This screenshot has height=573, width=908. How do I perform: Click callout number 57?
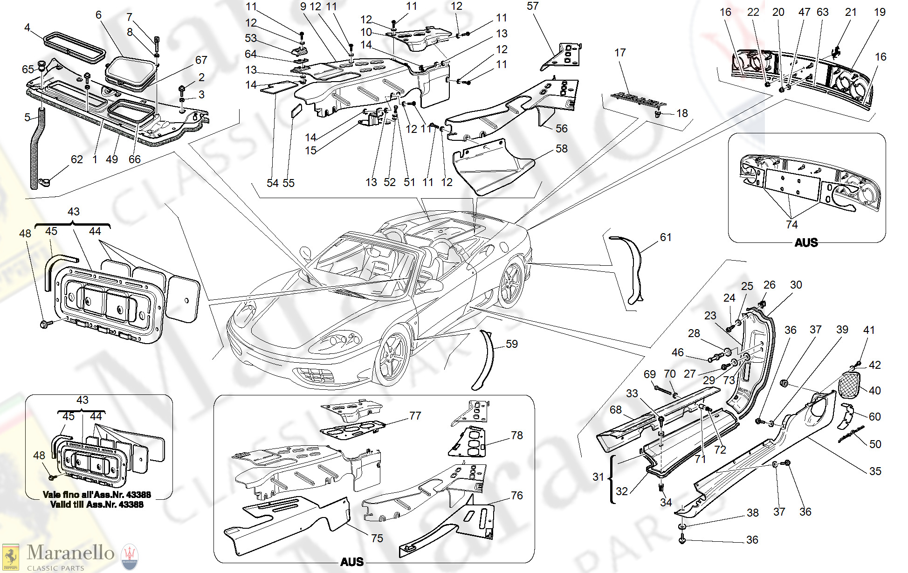coord(532,6)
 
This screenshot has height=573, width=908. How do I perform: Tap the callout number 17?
coord(620,53)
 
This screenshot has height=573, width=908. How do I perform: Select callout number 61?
coord(666,237)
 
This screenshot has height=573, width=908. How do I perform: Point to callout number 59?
coord(512,344)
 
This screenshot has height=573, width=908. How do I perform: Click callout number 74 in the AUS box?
coord(791,225)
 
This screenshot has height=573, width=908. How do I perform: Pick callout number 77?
coord(415,415)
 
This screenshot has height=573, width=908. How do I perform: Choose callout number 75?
coord(377,538)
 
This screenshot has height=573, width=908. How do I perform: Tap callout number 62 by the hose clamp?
coord(76,159)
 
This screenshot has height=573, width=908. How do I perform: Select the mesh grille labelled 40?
coord(849,384)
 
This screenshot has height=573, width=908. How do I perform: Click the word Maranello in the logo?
coord(70,553)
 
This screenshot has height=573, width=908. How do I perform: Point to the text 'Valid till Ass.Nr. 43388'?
coord(96,504)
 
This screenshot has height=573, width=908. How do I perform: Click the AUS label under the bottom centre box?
coord(351,562)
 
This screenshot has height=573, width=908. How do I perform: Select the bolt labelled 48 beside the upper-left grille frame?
coord(45,324)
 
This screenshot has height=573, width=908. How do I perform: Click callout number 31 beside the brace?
coord(598,477)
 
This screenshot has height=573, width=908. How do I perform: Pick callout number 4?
coord(27,28)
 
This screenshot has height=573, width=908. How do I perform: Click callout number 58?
coord(561,149)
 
